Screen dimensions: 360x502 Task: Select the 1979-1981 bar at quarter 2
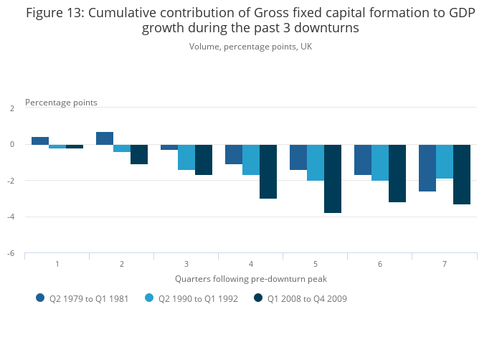105,138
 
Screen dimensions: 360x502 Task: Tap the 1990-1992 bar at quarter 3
186,157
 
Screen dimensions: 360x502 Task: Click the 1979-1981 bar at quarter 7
427,168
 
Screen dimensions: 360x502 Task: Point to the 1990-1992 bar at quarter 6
380,162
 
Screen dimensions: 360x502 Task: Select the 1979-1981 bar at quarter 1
40,141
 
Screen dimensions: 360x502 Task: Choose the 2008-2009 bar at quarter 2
139,154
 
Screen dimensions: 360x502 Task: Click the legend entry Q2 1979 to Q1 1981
82,299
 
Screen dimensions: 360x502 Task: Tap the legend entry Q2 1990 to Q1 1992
191,299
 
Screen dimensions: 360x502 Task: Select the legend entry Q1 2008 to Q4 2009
300,299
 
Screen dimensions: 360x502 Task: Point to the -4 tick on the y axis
12,217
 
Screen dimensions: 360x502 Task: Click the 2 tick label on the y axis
12,108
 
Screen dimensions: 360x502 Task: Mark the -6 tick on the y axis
12,254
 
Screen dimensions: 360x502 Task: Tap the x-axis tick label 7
445,265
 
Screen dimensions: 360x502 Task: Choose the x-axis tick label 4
251,265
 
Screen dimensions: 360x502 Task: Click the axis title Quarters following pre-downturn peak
251,278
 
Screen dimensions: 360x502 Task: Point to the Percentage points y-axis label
61,103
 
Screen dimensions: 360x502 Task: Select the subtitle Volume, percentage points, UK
251,47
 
